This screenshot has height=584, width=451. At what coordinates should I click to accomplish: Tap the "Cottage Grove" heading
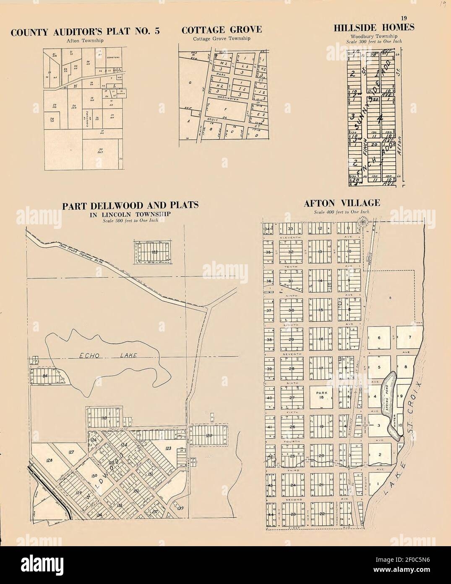click(x=222, y=30)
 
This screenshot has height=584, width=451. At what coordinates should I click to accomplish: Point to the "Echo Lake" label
click(x=103, y=356)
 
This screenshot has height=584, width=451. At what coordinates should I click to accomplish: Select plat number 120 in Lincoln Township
click(x=209, y=436)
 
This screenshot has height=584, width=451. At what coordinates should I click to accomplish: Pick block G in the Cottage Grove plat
click(x=190, y=83)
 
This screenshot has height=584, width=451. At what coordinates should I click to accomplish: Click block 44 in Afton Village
click(x=270, y=514)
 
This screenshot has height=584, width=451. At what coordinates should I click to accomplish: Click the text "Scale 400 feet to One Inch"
click(x=342, y=212)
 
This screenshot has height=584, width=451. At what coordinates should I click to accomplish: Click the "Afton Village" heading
click(x=342, y=203)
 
